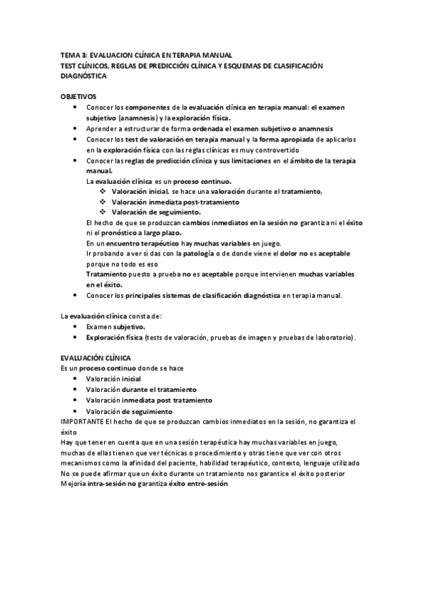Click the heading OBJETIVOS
pos(78,96)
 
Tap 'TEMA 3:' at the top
pos(72,54)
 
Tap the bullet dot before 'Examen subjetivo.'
pos(76,327)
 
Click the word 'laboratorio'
pos(333,337)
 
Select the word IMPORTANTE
pos(81,422)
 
